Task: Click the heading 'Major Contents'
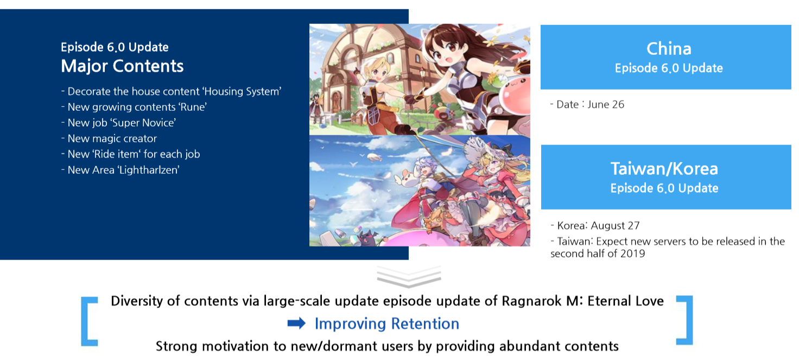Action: point(122,66)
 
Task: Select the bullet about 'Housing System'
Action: point(171,91)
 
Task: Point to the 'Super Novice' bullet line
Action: point(118,123)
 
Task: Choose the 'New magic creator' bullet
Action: point(109,138)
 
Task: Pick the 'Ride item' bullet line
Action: point(131,154)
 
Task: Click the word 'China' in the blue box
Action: point(669,49)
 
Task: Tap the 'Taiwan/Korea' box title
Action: point(664,169)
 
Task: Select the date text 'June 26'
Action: point(606,104)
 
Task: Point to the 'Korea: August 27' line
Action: point(595,225)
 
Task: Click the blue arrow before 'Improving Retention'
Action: point(296,323)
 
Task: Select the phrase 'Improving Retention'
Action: point(386,324)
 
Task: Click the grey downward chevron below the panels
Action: point(409,277)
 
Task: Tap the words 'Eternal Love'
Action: point(626,301)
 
